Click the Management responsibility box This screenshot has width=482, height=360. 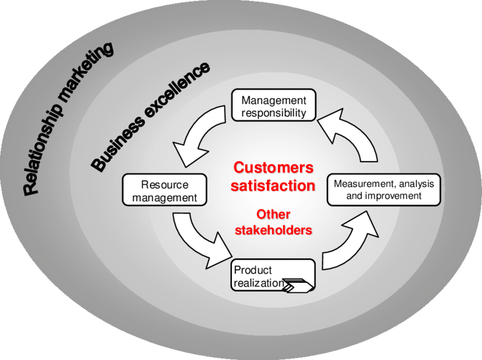click(273, 105)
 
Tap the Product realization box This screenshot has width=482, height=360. click(272, 275)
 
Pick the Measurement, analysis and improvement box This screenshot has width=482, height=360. click(383, 189)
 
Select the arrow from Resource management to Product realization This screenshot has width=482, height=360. click(201, 238)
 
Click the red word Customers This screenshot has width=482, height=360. click(273, 168)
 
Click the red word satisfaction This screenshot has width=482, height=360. click(273, 185)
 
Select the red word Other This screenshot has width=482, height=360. click(273, 214)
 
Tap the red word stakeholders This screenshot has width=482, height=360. click(273, 230)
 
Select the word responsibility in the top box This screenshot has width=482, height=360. click(273, 112)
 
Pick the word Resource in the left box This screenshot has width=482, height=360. click(164, 185)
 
